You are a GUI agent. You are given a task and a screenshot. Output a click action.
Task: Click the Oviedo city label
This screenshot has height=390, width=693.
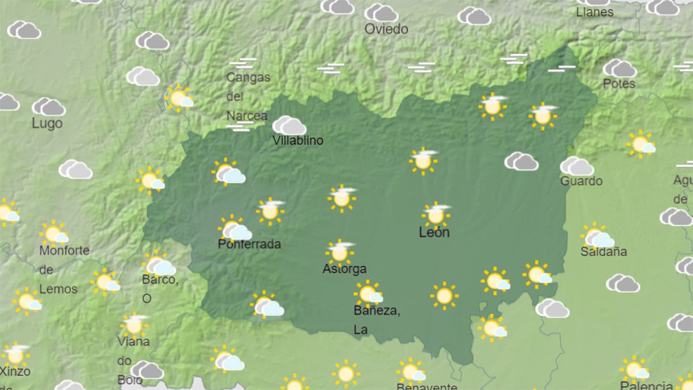tap(386, 29)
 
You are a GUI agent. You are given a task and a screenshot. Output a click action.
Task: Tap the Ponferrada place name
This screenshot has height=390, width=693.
tap(249, 244)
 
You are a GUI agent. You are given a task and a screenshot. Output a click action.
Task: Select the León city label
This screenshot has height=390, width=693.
tap(434, 232)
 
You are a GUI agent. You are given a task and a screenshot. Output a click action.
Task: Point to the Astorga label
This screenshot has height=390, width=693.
tap(344, 269)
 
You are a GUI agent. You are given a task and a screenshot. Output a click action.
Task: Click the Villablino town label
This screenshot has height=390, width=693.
tap(297, 140)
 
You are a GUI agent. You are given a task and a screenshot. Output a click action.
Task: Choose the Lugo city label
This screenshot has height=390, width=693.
tap(47, 123)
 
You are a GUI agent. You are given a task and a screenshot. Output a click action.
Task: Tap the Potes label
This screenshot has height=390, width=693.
tap(619, 84)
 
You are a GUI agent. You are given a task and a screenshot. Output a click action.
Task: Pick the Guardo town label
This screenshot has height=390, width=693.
tap(581, 181)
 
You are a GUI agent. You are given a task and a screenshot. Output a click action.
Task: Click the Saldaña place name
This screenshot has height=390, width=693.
tap(603, 252)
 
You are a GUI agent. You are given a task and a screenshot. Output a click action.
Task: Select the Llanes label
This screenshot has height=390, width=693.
tap(595, 12)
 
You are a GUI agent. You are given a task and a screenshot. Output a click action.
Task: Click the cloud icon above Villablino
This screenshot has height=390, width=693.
tap(289, 125)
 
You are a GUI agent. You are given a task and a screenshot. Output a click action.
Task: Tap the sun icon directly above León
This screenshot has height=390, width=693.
tap(436, 214)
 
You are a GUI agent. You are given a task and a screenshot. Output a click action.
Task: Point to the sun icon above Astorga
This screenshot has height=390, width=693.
tap(340, 252)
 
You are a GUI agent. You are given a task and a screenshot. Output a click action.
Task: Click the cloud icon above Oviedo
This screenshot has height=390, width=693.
tap(381, 12)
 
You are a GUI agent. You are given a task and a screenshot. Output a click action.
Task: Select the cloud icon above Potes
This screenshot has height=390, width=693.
tap(619, 68)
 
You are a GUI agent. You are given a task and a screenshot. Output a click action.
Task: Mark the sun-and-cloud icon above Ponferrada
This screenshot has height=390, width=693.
tap(234, 229)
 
